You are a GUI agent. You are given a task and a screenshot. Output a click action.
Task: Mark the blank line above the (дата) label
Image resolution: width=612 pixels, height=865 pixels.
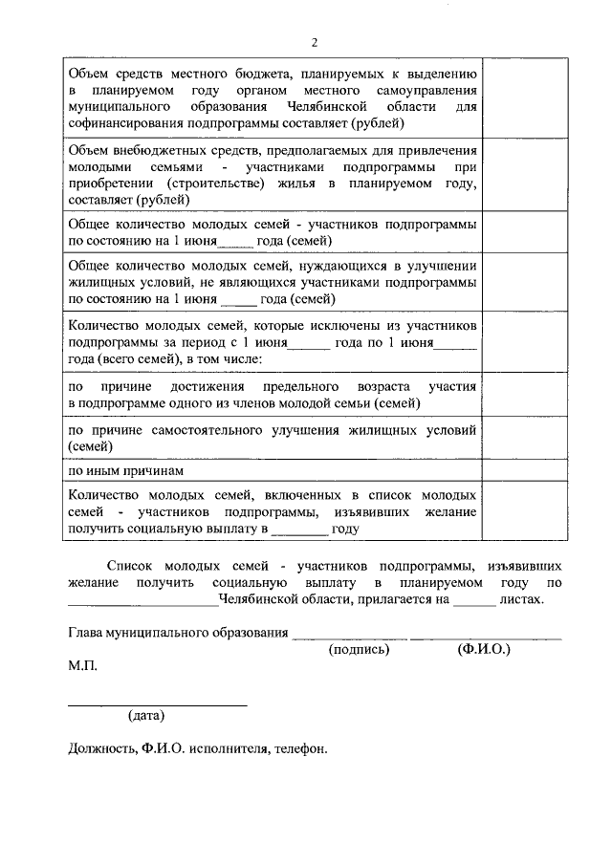157,704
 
